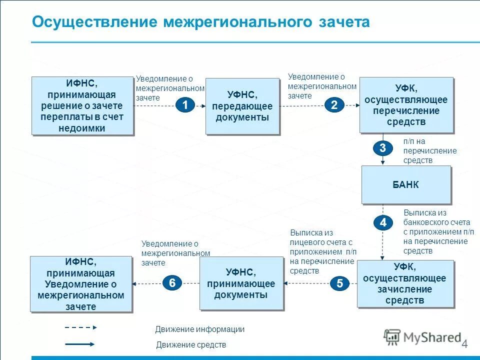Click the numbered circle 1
click(x=185, y=105)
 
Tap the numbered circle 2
click(x=334, y=104)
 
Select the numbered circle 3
click(x=382, y=148)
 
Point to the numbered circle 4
click(x=382, y=222)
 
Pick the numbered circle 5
click(x=339, y=284)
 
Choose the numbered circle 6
click(x=172, y=283)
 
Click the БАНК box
click(x=405, y=184)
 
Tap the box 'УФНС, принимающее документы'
click(x=241, y=283)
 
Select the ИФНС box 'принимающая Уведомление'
click(x=80, y=284)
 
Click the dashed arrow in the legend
click(x=80, y=327)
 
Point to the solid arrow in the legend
click(x=80, y=344)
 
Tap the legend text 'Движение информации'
click(x=199, y=329)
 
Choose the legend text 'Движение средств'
click(x=191, y=344)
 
